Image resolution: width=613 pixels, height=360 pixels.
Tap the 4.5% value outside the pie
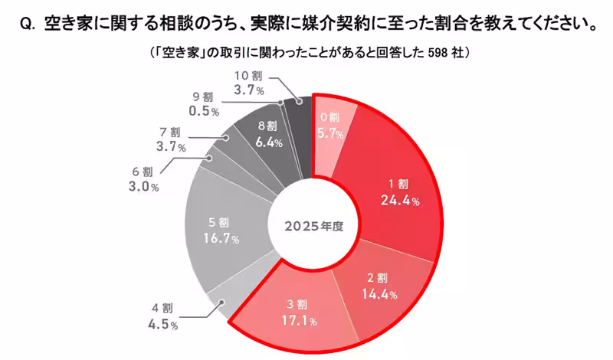pyautogui.click(x=161, y=326)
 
